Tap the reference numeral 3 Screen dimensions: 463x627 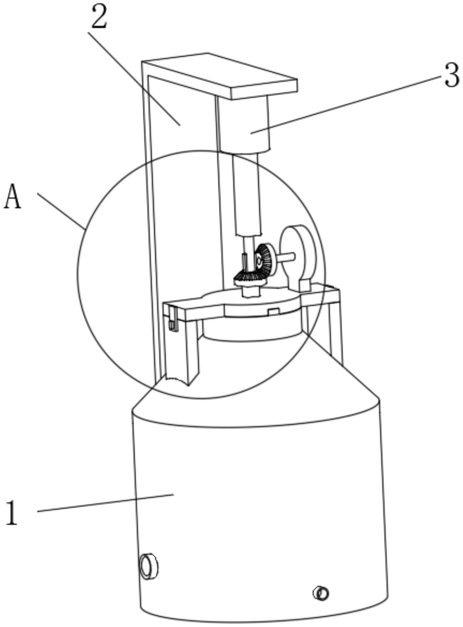tap(451, 75)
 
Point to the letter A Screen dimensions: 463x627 tap(13, 196)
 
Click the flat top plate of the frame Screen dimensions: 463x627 tap(219, 76)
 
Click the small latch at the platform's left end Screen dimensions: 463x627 tap(173, 318)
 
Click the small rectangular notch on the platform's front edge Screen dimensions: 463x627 tap(273, 311)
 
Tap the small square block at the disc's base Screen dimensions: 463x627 tap(305, 286)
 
